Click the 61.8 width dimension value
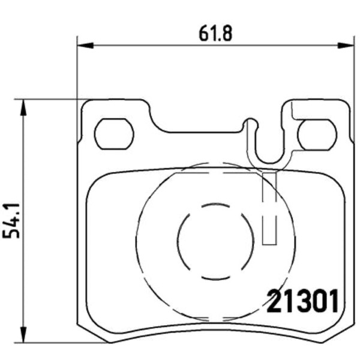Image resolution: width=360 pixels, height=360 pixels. point(215,33)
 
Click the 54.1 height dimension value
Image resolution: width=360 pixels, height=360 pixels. point(11,221)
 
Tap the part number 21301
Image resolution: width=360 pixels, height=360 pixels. point(302,301)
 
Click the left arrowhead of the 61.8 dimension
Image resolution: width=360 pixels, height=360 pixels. point(85,46)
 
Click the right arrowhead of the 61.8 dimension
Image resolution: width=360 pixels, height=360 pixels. point(346,46)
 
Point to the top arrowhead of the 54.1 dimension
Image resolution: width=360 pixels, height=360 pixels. point(23,107)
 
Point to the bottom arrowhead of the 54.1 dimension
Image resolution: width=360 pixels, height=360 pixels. point(23,335)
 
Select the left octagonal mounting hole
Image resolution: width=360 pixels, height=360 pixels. point(114,134)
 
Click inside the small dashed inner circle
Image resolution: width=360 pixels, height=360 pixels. point(215,242)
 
